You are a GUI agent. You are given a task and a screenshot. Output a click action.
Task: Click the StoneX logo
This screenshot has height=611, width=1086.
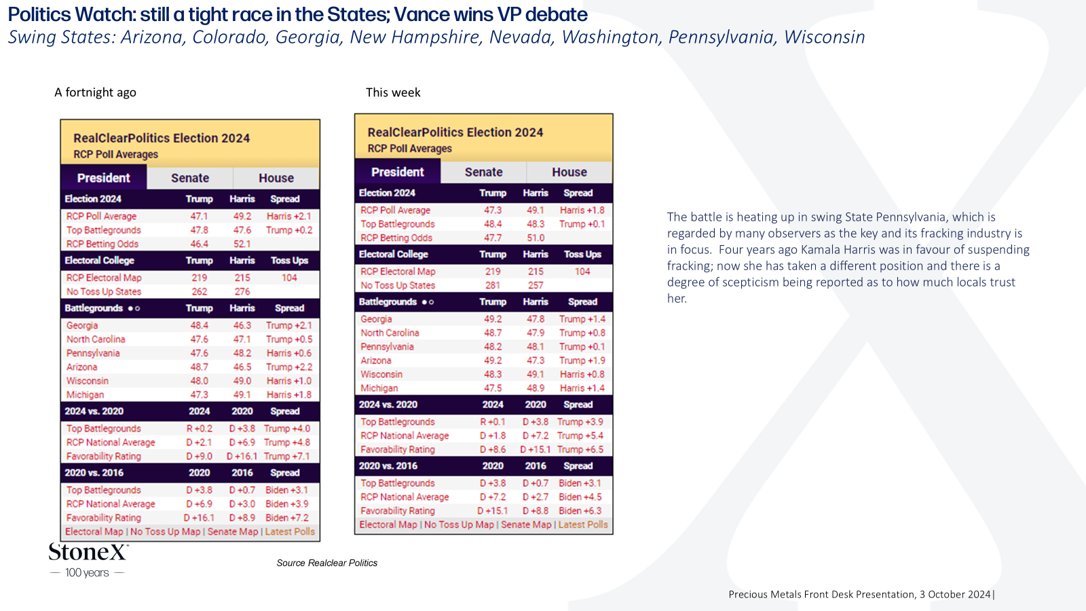point(88,560)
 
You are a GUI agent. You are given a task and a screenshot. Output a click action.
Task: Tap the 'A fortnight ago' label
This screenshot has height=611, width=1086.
point(95,92)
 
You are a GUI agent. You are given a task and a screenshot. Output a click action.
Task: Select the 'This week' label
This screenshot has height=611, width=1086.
point(393,92)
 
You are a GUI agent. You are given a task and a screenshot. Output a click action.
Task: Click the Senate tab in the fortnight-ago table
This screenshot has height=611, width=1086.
point(190,178)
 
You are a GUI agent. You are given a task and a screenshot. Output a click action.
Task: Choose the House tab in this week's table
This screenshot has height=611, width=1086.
point(569,172)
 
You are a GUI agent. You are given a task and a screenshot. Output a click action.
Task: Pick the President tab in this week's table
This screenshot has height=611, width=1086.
point(398,172)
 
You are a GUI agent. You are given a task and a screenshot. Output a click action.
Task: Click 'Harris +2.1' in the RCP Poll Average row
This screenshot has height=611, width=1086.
point(289,217)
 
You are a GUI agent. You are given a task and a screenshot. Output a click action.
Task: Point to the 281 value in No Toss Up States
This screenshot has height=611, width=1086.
point(493,286)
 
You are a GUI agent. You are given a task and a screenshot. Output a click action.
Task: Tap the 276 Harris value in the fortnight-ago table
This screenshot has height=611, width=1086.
point(242,291)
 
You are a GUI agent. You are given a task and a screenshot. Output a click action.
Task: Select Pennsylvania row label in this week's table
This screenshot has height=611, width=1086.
point(387,347)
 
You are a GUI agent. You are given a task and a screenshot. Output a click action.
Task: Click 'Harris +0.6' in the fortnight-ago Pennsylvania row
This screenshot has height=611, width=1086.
point(289,353)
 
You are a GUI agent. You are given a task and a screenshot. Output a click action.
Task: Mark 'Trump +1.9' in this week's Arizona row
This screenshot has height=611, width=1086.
point(582,360)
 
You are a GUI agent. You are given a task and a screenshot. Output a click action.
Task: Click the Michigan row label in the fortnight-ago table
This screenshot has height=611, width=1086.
point(85,394)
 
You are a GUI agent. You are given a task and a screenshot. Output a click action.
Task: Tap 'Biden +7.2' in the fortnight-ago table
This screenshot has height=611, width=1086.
point(287,518)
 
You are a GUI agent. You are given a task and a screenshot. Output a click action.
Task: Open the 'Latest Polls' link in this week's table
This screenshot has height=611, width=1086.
point(583,525)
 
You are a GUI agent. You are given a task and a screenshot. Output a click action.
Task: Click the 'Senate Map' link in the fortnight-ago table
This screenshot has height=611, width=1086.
point(233,532)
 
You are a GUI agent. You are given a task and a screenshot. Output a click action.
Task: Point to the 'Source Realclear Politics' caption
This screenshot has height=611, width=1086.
point(326,563)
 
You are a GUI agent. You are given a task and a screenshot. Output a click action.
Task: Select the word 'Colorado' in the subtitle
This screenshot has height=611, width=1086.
point(230,37)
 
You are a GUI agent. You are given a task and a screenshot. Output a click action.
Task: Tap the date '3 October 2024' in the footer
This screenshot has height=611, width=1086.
point(955,595)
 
